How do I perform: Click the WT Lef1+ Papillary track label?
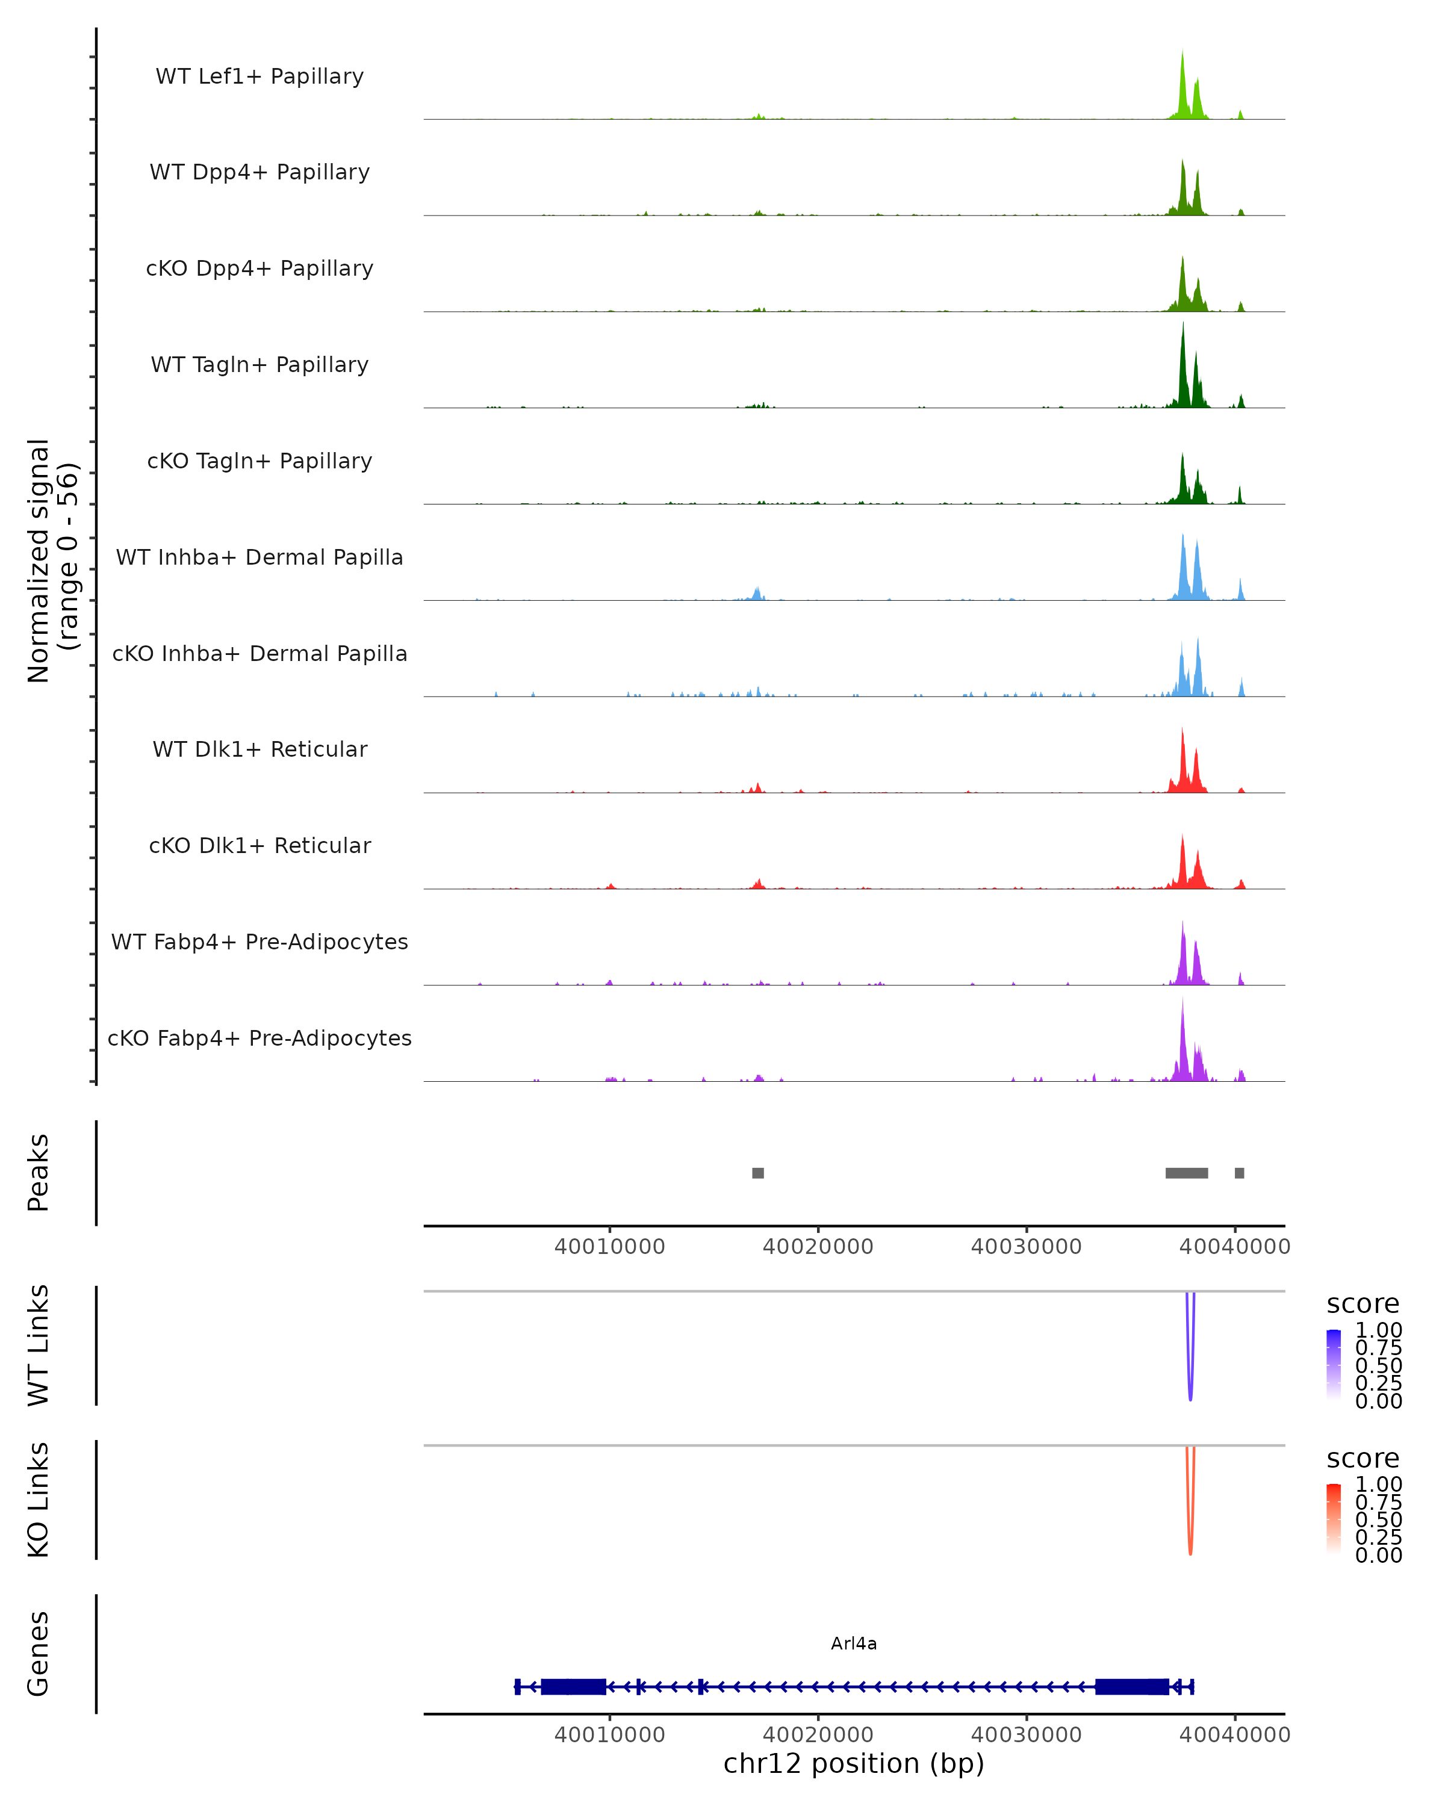coord(259,76)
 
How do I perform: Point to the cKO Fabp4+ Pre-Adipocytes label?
coord(259,1038)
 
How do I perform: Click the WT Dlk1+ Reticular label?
coord(259,749)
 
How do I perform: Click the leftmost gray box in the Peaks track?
coord(758,1173)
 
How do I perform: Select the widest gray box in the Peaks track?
coord(1186,1173)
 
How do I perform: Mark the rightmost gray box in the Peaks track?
coord(1239,1173)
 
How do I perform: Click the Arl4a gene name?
coord(854,1643)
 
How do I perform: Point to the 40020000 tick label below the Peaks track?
coord(818,1247)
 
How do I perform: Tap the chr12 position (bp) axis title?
coord(854,1764)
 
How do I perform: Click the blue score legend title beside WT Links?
coord(1363,1305)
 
